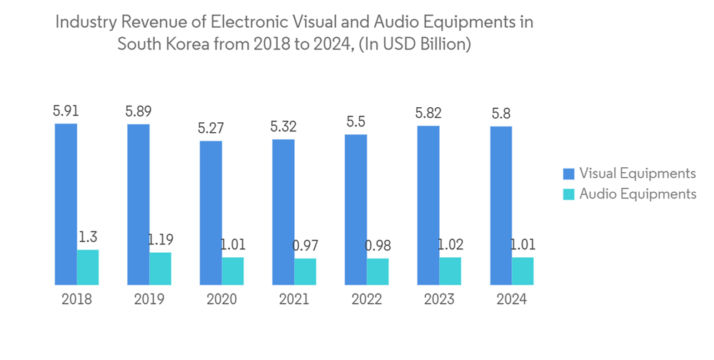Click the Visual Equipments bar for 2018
(x=66, y=204)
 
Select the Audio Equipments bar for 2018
(x=88, y=267)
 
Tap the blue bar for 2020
(x=211, y=213)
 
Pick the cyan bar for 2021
(x=305, y=271)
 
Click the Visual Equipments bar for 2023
(x=428, y=206)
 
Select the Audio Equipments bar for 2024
(x=523, y=271)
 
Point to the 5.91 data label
(x=66, y=111)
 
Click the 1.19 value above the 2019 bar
(x=161, y=239)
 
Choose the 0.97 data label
(x=305, y=246)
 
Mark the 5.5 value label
(x=356, y=122)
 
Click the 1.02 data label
(x=451, y=245)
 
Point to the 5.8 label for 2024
(x=501, y=114)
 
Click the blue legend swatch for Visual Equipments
(x=568, y=174)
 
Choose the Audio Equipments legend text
(x=638, y=194)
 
